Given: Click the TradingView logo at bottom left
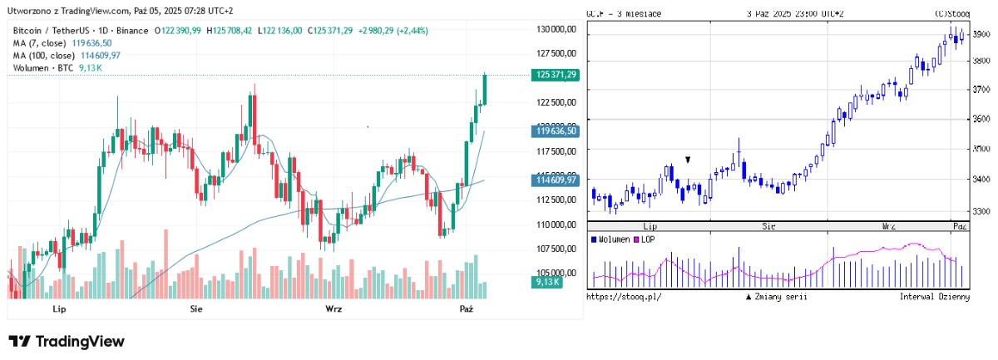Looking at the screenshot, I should pos(67,342).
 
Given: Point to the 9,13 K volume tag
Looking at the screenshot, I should pos(546,282).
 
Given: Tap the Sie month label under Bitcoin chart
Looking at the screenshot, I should pos(196,309).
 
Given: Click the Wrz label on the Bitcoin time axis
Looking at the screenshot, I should pos(333,309).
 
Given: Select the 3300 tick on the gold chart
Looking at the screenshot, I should pos(981,211).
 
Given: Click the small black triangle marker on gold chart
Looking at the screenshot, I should pos(688,159).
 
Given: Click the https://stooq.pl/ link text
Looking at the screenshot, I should pos(625,296).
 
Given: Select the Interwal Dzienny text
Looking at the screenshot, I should pos(934,296).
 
